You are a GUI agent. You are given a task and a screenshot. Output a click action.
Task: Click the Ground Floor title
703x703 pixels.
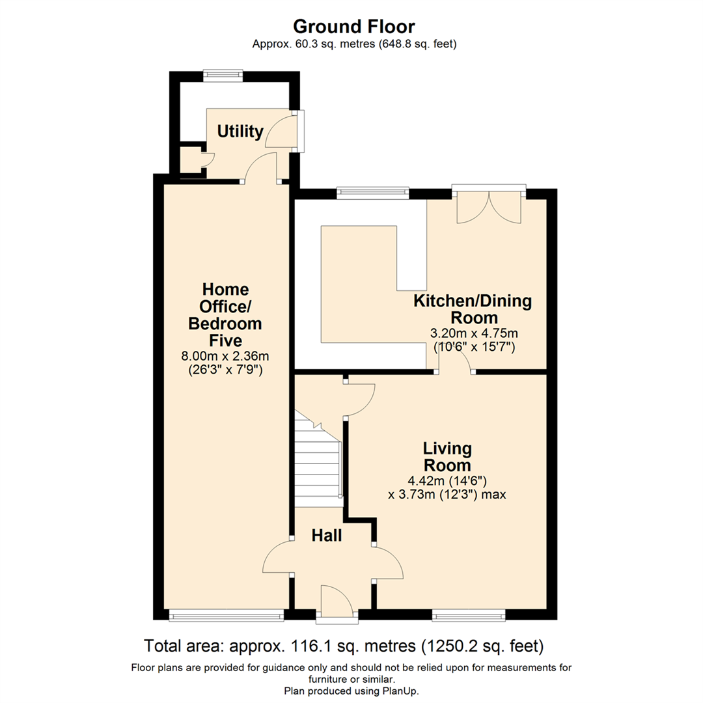(353, 27)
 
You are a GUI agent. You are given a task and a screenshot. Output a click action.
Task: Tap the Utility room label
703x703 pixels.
(240, 131)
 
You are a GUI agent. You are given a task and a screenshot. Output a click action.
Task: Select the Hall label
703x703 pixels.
(327, 535)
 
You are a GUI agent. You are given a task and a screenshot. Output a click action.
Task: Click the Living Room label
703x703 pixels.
(447, 456)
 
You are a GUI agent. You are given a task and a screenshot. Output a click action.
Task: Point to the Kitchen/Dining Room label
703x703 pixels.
(473, 309)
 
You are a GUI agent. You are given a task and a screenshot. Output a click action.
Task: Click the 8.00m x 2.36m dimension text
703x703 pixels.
(225, 357)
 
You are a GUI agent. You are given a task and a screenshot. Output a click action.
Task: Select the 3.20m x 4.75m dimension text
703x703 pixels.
(474, 333)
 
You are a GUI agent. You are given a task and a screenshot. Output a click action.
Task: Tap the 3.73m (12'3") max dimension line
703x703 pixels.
(447, 495)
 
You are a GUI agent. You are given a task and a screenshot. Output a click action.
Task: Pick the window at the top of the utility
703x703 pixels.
(223, 76)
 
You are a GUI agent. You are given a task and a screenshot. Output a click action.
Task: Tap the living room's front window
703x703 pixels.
(469, 615)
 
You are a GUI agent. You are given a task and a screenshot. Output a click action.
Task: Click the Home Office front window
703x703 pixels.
(227, 615)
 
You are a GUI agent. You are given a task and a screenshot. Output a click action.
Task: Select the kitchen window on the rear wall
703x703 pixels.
(373, 193)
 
